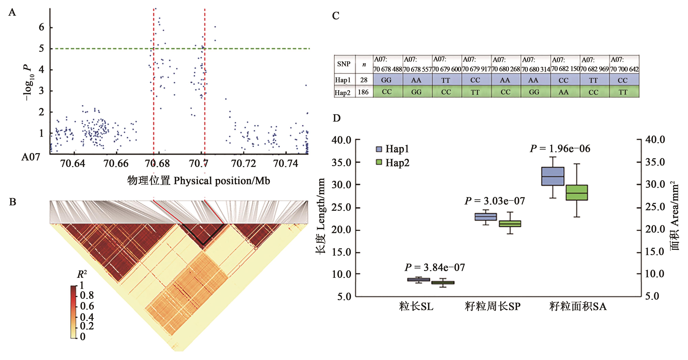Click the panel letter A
12,13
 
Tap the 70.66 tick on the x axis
116,163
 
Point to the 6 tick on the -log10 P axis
41,27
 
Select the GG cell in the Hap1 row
386,80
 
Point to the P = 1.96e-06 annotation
560,149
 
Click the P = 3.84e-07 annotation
434,267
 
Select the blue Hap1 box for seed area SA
553,176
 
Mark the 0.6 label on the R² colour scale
87,306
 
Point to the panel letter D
337,118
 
